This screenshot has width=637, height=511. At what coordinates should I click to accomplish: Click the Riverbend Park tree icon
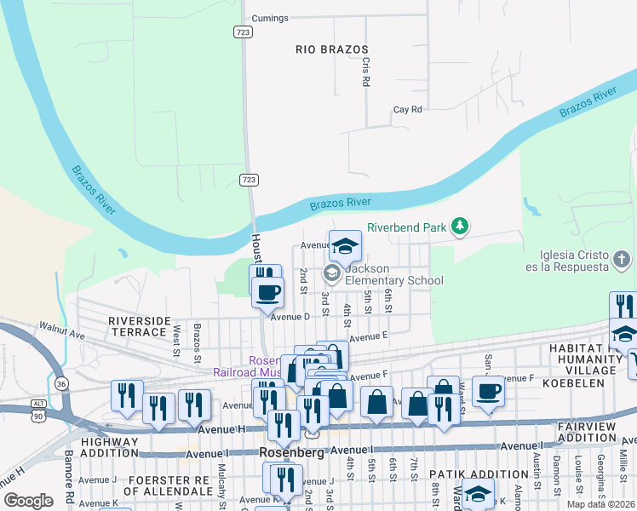coord(460,226)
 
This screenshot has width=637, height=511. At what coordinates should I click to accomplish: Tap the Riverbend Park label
coord(408,227)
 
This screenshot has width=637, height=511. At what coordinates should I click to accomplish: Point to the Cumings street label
coord(271,18)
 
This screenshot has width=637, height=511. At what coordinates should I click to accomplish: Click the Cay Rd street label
coord(408,110)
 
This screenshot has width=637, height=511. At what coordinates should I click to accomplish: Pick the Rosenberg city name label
coord(290,453)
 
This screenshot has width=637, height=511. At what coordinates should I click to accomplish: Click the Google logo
coord(28,501)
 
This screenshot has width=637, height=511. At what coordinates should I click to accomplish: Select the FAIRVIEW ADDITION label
coord(596,432)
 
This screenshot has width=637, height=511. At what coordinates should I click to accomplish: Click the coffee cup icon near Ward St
coord(488,391)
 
